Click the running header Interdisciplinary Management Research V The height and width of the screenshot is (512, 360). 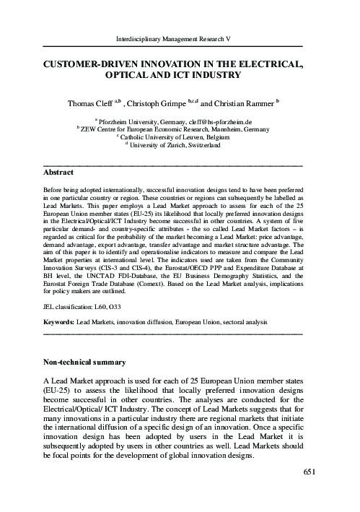click(x=180, y=37)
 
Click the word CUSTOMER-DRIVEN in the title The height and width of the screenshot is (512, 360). click(x=91, y=64)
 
